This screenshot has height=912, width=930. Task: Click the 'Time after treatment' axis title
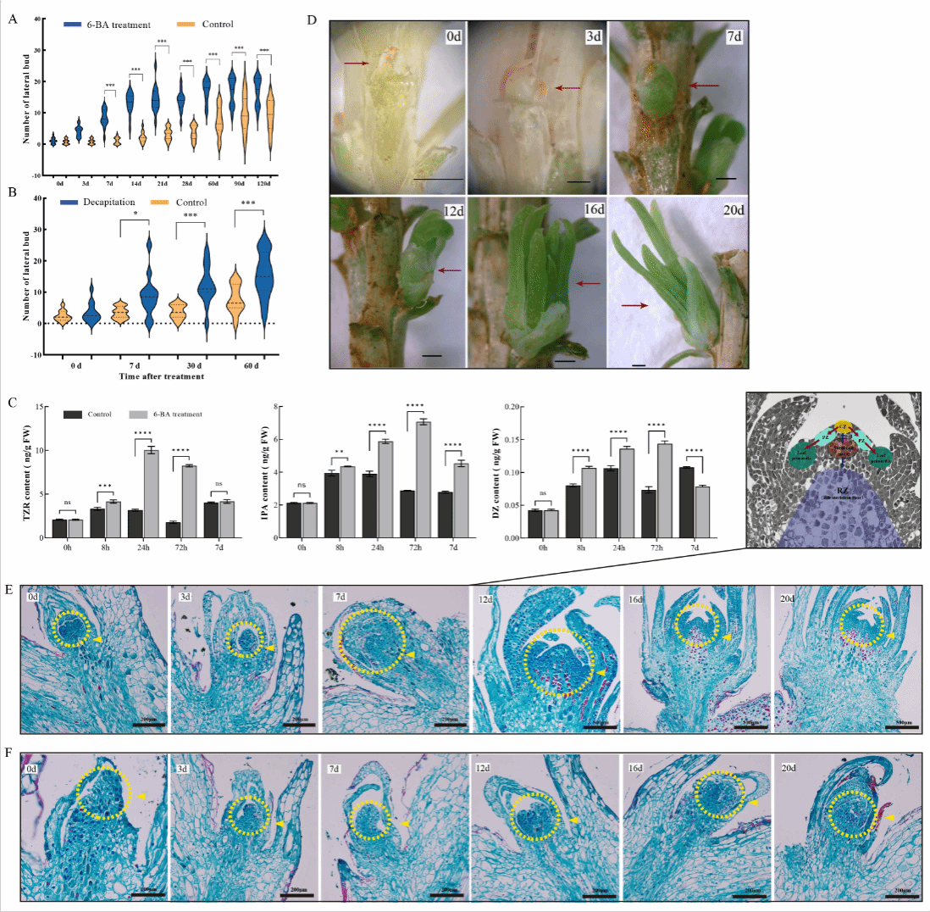click(163, 375)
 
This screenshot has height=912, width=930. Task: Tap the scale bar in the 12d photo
click(431, 356)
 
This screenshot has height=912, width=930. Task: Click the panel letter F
click(9, 753)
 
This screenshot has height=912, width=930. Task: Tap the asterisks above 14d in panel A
click(136, 70)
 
